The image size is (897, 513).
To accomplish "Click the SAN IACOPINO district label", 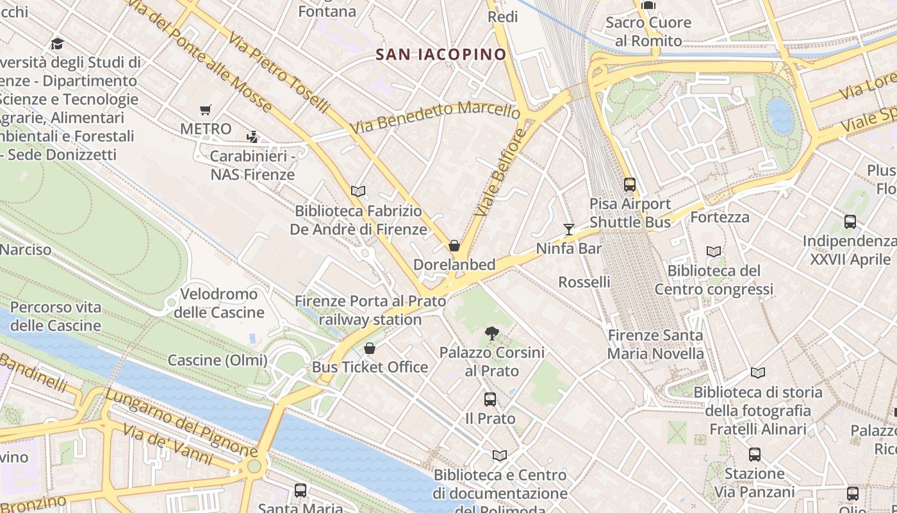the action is tap(441, 55).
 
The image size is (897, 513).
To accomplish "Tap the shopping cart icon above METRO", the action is tap(205, 110).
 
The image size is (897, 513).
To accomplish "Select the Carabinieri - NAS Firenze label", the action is tap(252, 165).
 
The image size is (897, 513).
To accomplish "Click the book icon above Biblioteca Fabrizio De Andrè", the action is tap(358, 191).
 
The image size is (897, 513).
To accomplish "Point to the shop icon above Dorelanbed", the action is tap(454, 246).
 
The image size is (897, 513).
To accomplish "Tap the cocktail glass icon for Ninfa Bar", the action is tap(568, 229).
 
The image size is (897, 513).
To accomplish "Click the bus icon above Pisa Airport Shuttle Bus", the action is tap(630, 185).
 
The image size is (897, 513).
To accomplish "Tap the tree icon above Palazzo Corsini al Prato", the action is tap(491, 333).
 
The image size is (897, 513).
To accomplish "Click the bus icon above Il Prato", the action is tap(490, 399).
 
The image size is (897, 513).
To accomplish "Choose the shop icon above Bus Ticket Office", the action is tap(370, 348).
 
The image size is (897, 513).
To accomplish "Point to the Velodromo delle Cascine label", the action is tap(219, 303).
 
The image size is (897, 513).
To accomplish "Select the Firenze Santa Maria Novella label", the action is tap(655, 344).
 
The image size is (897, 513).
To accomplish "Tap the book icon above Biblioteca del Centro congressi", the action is tap(714, 251).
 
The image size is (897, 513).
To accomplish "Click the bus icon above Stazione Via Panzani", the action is tap(755, 455).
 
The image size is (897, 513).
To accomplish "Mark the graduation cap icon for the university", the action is tap(58, 44).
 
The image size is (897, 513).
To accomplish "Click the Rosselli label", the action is tap(584, 282).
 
